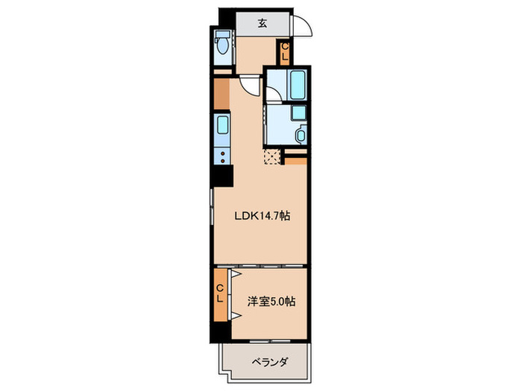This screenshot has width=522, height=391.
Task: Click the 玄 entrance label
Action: [x=262, y=22]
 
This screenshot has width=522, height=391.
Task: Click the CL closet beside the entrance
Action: [x=285, y=52]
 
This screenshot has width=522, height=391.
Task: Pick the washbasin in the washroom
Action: [x=301, y=135]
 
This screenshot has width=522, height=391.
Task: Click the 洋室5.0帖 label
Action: [x=271, y=302]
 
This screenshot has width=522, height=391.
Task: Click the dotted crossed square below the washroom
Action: [x=271, y=156]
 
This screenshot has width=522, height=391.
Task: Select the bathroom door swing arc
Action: [x=274, y=96]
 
